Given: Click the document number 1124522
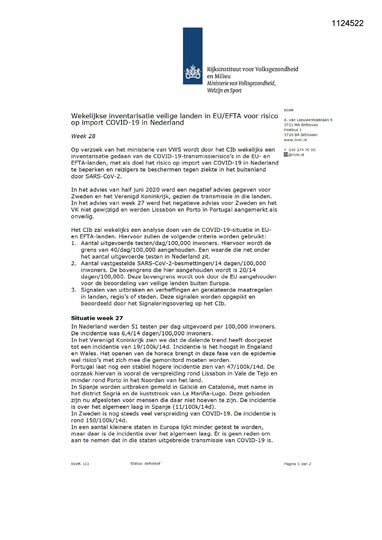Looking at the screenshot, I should (348, 23).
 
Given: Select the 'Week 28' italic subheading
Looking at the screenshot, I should (83, 136).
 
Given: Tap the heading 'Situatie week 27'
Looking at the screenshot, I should (97, 318).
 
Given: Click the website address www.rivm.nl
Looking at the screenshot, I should (295, 140).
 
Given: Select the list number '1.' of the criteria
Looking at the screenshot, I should (74, 243).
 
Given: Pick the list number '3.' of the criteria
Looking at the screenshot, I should (74, 290).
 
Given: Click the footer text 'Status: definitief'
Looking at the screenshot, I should (145, 463).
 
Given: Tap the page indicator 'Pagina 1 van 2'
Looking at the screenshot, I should (297, 464).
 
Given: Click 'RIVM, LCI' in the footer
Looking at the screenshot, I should (80, 464).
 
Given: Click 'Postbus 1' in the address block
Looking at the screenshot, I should (292, 130).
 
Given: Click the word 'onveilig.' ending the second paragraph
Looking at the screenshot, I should (82, 216).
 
